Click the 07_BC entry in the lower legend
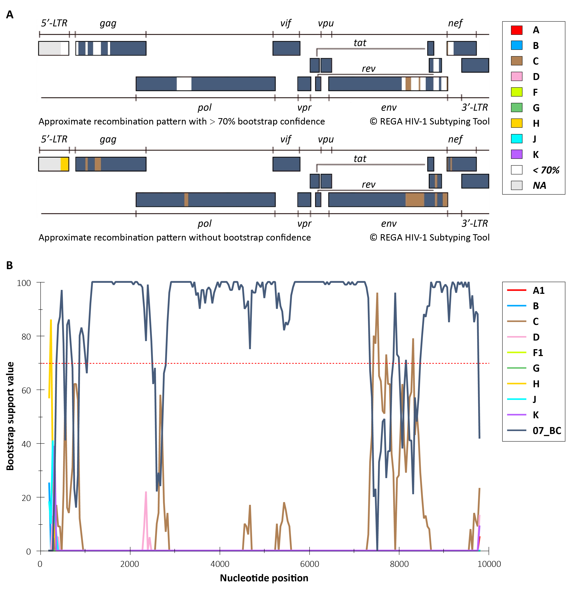point(546,431)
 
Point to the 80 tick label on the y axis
point(26,336)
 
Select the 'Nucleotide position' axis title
point(264,578)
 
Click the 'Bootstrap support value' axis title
point(10,416)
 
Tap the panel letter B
point(10,265)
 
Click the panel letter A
point(10,14)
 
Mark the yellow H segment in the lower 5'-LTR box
point(65,164)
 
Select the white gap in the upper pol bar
point(184,84)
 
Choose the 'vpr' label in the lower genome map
point(304,223)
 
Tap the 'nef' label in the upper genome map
point(455,23)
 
